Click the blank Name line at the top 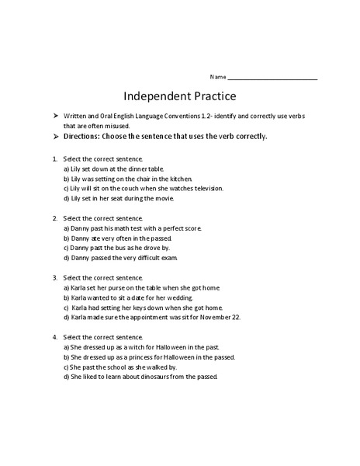coord(272,78)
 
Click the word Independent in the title coord(156,97)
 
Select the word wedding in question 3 coord(180,297)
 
